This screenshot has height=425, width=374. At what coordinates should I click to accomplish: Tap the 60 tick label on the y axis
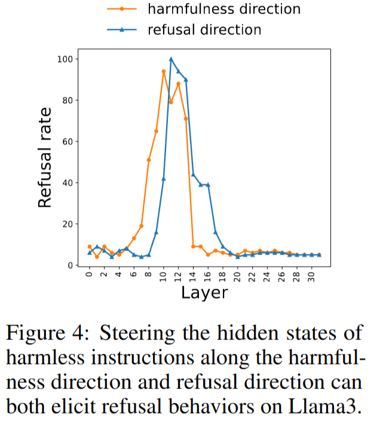[x=69, y=142]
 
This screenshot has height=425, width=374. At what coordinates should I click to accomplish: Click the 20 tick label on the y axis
[x=69, y=224]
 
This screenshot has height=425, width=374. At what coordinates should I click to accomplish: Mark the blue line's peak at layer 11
[x=171, y=59]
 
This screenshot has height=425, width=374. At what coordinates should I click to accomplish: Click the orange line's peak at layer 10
[x=164, y=71]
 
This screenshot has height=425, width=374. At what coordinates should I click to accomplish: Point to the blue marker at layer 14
[x=193, y=175]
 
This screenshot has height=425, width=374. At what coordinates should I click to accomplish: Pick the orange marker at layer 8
[x=149, y=160]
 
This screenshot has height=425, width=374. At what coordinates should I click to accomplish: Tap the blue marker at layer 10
[x=164, y=179]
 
